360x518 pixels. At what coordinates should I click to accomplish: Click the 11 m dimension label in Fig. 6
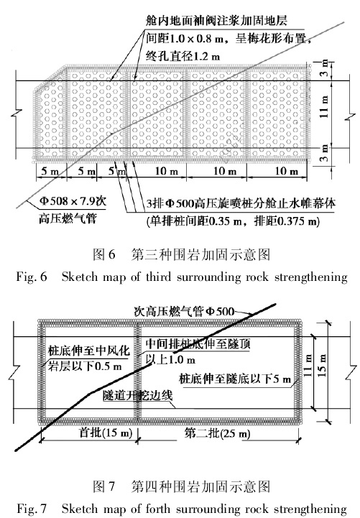pyautogui.click(x=325, y=107)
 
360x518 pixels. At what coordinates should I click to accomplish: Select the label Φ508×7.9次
pyautogui.click(x=73, y=201)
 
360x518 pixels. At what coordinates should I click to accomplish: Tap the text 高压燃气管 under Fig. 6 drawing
pyautogui.click(x=68, y=218)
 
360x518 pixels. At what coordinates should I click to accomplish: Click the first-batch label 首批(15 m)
pyautogui.click(x=106, y=433)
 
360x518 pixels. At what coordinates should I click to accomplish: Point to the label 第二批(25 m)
pyautogui.click(x=217, y=433)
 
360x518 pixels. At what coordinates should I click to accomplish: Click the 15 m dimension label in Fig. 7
pyautogui.click(x=323, y=366)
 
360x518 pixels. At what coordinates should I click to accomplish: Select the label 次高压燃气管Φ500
pyautogui.click(x=184, y=311)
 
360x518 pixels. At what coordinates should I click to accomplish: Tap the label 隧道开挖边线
pyautogui.click(x=137, y=395)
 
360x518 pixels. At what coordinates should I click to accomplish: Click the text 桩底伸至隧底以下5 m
pyautogui.click(x=235, y=379)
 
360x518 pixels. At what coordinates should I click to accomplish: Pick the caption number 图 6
pyautogui.click(x=104, y=254)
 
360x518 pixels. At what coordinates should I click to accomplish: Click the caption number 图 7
pyautogui.click(x=104, y=486)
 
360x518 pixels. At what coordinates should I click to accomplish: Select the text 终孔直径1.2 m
pyautogui.click(x=183, y=56)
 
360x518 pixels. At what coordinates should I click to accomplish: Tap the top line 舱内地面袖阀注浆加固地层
pyautogui.click(x=216, y=21)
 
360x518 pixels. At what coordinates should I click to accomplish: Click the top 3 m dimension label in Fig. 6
pyautogui.click(x=325, y=68)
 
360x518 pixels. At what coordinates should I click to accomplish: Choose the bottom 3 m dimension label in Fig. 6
pyautogui.click(x=325, y=153)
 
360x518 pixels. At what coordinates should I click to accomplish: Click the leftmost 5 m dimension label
pyautogui.click(x=50, y=171)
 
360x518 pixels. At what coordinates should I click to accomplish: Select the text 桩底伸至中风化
pyautogui.click(x=88, y=351)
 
